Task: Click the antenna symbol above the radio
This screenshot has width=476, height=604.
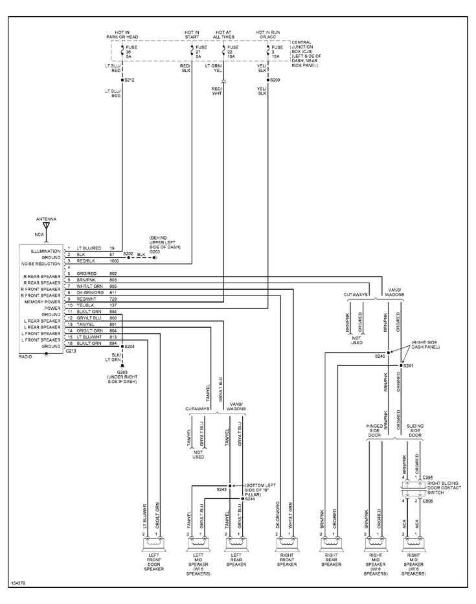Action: tap(46, 227)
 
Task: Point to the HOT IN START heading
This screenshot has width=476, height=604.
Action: tap(192, 34)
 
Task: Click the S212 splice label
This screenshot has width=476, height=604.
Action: tap(130, 80)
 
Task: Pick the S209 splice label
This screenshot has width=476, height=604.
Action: tap(275, 80)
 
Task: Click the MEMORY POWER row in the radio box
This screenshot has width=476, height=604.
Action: tap(43, 302)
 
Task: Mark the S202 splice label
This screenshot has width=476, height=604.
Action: tap(128, 253)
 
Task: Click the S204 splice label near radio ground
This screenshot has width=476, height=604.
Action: tap(130, 347)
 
